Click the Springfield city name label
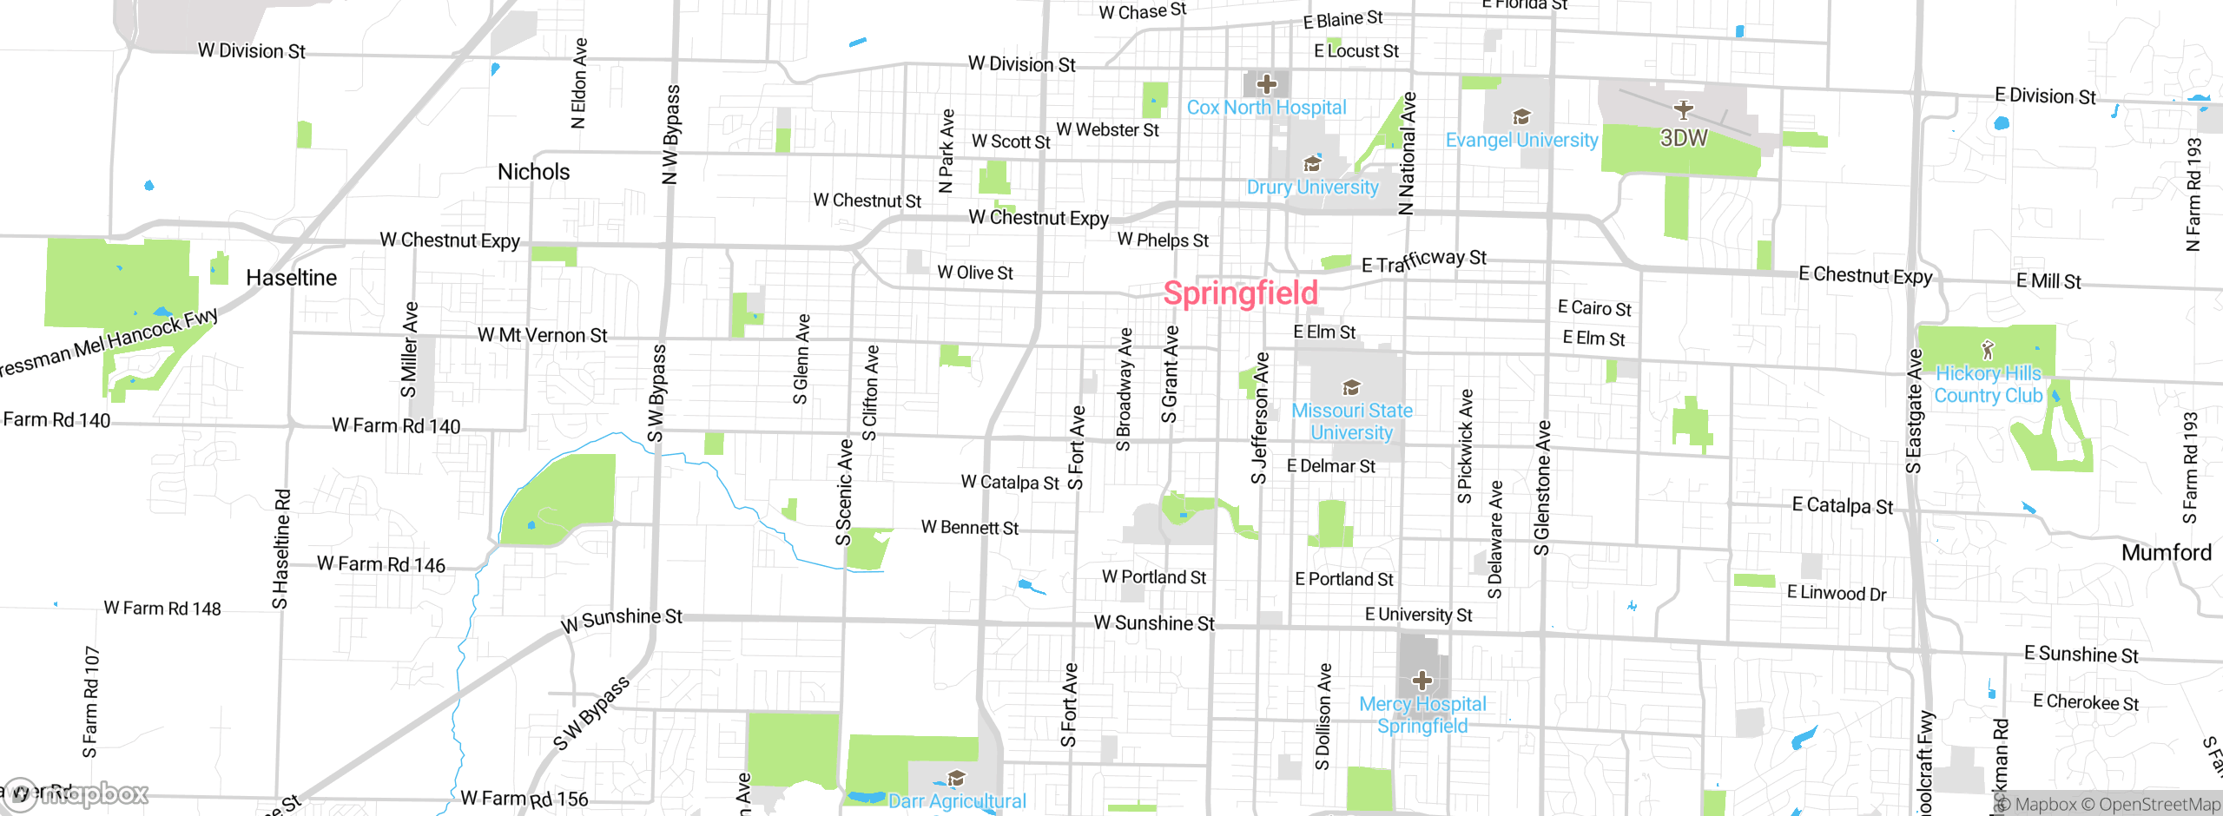point(1240,293)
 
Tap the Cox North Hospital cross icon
point(1267,84)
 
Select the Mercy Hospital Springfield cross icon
point(1422,680)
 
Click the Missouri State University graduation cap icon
point(1351,387)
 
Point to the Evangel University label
point(1521,140)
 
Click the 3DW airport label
point(1683,138)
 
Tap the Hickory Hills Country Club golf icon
point(1988,350)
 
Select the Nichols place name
point(533,172)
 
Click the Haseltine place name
point(291,278)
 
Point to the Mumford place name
point(2166,552)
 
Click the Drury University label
point(1312,188)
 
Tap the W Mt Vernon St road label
point(542,335)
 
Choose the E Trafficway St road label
point(1424,260)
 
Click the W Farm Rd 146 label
point(380,564)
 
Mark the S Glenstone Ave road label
point(1541,488)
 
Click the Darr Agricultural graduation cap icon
point(956,778)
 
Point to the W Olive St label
point(975,273)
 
